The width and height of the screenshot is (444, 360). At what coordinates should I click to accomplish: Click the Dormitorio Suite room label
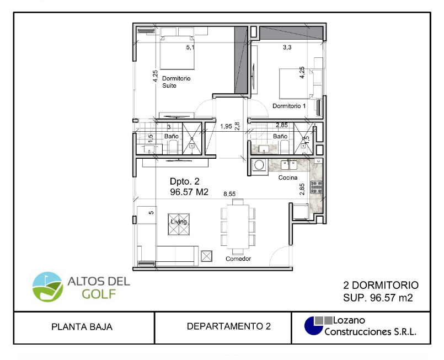click(x=176, y=82)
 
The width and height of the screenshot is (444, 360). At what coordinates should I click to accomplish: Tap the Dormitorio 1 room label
click(x=289, y=106)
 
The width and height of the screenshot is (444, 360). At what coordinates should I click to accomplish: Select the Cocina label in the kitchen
click(x=288, y=178)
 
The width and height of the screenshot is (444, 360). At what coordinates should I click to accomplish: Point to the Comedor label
click(x=238, y=259)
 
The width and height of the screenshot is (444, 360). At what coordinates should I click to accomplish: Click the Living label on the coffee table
click(x=179, y=222)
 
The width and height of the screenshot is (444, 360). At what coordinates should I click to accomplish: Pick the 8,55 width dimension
click(x=229, y=194)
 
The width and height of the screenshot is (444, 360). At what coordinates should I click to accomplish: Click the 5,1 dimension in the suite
click(x=190, y=48)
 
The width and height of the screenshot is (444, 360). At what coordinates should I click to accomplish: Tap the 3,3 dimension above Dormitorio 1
click(x=287, y=48)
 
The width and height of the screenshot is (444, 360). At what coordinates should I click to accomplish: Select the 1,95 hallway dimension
click(x=225, y=127)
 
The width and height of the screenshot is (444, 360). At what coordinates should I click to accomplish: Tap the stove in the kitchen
click(x=317, y=187)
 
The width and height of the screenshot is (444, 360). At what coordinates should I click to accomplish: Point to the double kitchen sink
click(x=288, y=164)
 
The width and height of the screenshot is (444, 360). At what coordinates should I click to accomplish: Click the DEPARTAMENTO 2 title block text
click(x=229, y=327)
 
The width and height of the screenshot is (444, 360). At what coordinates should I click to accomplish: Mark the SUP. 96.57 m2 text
click(x=378, y=298)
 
